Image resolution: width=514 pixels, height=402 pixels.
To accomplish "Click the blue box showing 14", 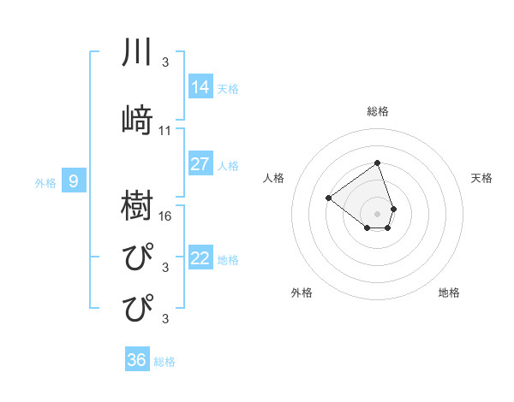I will pyautogui.click(x=200, y=86).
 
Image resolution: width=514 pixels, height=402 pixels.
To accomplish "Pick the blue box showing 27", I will pyautogui.click(x=200, y=164).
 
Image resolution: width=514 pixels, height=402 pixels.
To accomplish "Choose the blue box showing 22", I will pyautogui.click(x=200, y=258).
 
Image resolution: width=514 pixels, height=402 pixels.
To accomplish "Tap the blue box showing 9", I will pyautogui.click(x=74, y=180).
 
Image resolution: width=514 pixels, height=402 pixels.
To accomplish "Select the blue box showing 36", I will pyautogui.click(x=137, y=360).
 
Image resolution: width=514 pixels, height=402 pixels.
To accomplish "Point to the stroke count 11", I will pyautogui.click(x=165, y=131).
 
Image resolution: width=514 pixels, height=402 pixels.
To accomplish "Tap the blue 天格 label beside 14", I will pyautogui.click(x=228, y=88).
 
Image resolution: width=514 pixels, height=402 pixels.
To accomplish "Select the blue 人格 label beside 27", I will pyautogui.click(x=228, y=166).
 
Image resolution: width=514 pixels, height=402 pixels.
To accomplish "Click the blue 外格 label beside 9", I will pyautogui.click(x=45, y=182).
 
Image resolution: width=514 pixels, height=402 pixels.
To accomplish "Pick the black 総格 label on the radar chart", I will pyautogui.click(x=378, y=111).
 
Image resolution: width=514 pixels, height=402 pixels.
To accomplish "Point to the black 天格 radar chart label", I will pyautogui.click(x=482, y=178).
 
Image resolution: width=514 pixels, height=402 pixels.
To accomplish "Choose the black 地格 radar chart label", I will pyautogui.click(x=449, y=293).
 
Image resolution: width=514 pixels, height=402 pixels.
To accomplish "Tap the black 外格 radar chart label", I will pyautogui.click(x=302, y=293).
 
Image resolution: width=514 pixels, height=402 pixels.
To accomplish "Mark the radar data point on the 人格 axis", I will pyautogui.click(x=328, y=198).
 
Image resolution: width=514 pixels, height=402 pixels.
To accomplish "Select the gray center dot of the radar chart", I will pyautogui.click(x=377, y=213).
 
